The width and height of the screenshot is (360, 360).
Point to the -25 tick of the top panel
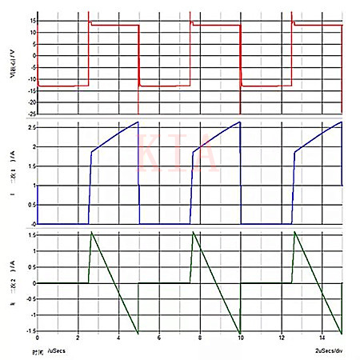click(x=29, y=113)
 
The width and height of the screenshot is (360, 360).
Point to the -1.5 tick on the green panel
click(x=28, y=330)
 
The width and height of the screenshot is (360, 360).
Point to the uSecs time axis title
click(x=58, y=351)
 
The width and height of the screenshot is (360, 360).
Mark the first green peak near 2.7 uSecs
click(x=92, y=232)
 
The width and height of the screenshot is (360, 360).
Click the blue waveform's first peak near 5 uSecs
click(x=138, y=122)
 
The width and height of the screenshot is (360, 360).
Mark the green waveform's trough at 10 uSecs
click(x=240, y=332)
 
